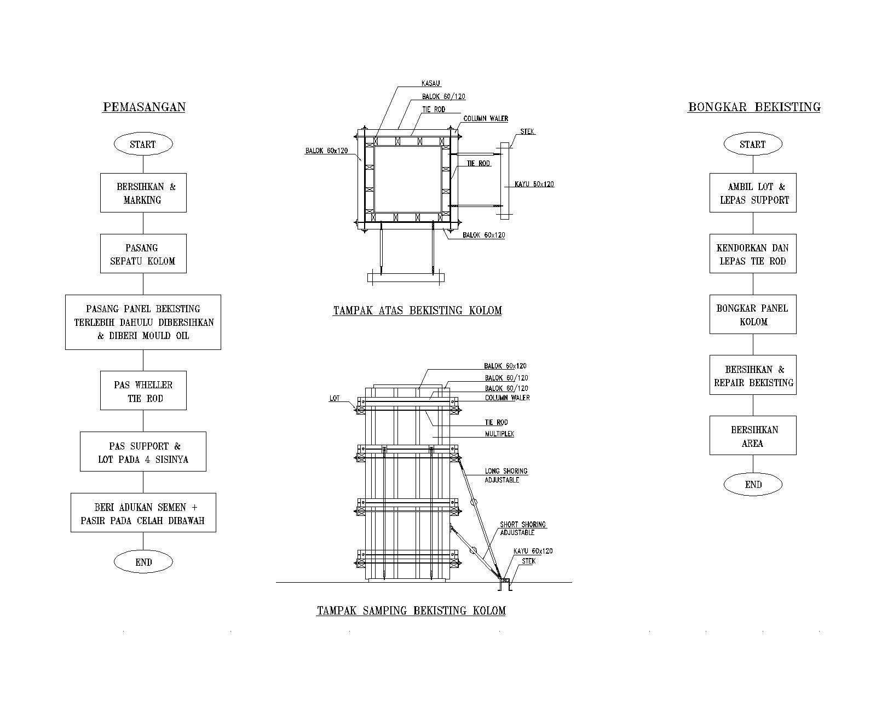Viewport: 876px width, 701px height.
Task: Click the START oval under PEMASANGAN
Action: click(143, 144)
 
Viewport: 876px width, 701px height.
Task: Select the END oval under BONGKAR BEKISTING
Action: click(753, 484)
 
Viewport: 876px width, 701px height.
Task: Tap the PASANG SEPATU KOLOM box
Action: click(143, 254)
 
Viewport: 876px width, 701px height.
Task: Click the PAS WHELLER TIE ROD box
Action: click(143, 390)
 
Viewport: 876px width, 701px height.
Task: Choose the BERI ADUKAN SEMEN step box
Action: click(143, 513)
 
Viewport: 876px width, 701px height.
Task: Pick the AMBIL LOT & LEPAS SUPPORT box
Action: click(753, 193)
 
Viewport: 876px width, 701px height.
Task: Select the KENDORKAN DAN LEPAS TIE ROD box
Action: click(753, 254)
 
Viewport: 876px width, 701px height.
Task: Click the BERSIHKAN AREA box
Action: click(753, 435)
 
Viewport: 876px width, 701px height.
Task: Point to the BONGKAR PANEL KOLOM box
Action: click(753, 314)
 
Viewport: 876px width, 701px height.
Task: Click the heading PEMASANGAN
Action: click(144, 107)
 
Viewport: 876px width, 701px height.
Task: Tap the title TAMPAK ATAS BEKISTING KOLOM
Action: click(417, 311)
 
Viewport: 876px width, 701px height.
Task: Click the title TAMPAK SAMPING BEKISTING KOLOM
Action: click(411, 611)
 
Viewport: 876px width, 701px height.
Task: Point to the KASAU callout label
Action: click(431, 83)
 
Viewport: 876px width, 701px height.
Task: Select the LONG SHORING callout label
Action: click(506, 475)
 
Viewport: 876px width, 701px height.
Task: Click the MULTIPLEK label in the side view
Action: click(499, 434)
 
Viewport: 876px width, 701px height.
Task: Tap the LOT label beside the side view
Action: click(334, 398)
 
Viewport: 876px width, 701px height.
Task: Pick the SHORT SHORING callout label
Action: click(523, 528)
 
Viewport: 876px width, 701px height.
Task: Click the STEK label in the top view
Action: click(527, 131)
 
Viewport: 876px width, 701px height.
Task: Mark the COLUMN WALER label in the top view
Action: click(486, 118)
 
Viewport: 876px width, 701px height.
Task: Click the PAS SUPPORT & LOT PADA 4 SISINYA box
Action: click(143, 451)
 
